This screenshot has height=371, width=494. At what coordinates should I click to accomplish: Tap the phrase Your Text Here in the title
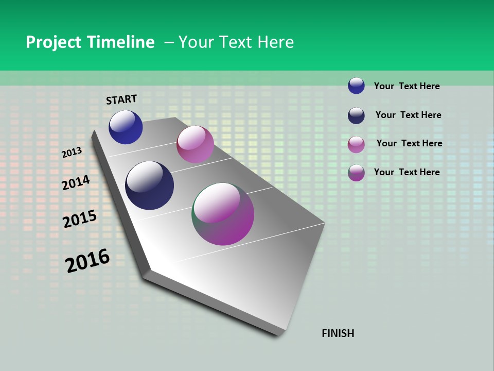[x=236, y=42]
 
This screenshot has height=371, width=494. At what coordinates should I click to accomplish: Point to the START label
[x=121, y=99]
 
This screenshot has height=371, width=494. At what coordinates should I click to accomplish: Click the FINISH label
[x=338, y=333]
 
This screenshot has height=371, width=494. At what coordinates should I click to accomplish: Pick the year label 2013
[x=72, y=153]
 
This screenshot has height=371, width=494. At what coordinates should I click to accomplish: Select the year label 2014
[x=76, y=182]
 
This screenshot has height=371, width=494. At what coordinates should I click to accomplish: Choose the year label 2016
[x=87, y=261]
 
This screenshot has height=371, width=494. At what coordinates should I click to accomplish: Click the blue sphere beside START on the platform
[x=126, y=127]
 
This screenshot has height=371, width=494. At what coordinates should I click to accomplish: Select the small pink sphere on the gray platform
[x=195, y=144]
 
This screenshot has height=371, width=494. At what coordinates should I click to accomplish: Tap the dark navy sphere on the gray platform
[x=150, y=185]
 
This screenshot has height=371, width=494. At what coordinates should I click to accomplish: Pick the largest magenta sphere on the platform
[x=223, y=214]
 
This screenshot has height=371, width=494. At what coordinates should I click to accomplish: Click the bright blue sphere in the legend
[x=356, y=86]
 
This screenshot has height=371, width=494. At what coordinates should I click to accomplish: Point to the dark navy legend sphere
[x=356, y=115]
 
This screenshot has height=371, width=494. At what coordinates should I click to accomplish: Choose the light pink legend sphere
[x=356, y=144]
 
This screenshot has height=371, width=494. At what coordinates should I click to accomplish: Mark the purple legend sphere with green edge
[x=356, y=173]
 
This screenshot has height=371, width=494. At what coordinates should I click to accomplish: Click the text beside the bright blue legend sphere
[x=407, y=86]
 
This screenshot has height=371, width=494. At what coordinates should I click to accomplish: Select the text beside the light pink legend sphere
[x=409, y=143]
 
